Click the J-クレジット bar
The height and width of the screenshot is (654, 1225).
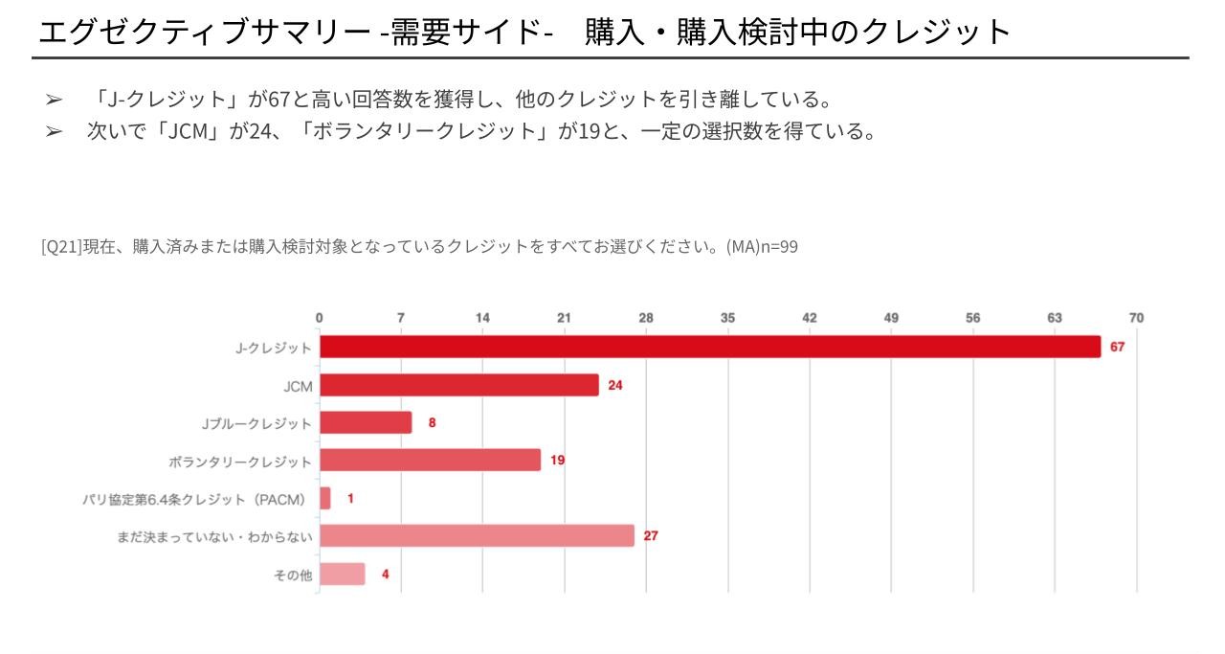pyautogui.click(x=710, y=347)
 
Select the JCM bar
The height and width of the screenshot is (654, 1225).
pyautogui.click(x=459, y=385)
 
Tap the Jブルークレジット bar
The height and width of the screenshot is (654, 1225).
pyautogui.click(x=366, y=422)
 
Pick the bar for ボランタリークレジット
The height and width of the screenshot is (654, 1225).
pyautogui.click(x=431, y=461)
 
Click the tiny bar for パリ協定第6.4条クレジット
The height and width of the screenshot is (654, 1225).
pyautogui.click(x=325, y=498)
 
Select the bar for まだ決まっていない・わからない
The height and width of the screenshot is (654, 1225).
pyautogui.click(x=477, y=536)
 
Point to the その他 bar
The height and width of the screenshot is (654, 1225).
pyautogui.click(x=343, y=575)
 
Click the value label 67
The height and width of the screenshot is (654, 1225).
pyautogui.click(x=1117, y=347)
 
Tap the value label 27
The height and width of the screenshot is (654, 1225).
pyautogui.click(x=651, y=536)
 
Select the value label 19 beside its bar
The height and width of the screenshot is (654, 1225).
pyautogui.click(x=557, y=461)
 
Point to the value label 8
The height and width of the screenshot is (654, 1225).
pyautogui.click(x=432, y=422)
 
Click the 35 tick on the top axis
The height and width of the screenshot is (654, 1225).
pyautogui.click(x=727, y=318)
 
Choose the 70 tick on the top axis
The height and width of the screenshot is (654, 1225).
pyautogui.click(x=1136, y=318)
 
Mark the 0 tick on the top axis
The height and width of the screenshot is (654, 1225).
pyautogui.click(x=320, y=318)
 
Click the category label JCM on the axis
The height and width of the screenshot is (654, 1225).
pyautogui.click(x=298, y=387)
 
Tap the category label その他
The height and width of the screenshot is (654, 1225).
pyautogui.click(x=293, y=575)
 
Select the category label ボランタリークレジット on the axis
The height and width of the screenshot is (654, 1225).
pyautogui.click(x=240, y=462)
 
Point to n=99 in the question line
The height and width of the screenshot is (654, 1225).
pyautogui.click(x=779, y=247)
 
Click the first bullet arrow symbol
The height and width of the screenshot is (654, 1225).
pyautogui.click(x=54, y=100)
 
